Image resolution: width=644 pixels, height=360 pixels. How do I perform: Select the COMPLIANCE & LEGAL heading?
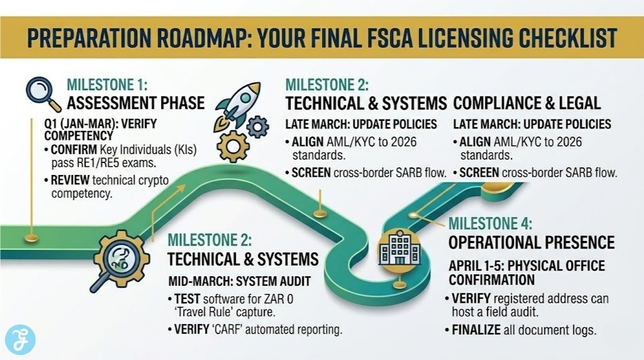point(527,103)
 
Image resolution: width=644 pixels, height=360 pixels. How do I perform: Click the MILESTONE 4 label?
point(491,224)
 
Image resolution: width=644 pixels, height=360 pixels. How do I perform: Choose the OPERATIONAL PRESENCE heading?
point(531,242)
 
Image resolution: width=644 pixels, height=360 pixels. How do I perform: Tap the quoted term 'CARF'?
point(233,329)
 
